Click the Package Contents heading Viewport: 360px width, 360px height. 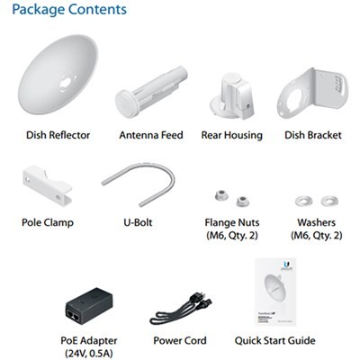[x=69, y=10]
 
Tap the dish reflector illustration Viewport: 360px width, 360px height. [x=58, y=75]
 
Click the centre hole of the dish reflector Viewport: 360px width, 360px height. [x=66, y=82]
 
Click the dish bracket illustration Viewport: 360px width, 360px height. [x=312, y=94]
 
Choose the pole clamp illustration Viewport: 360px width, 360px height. [x=47, y=185]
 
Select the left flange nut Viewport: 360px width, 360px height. [x=221, y=195]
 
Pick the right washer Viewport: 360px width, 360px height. [x=329, y=201]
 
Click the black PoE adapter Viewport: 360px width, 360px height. [x=89, y=307]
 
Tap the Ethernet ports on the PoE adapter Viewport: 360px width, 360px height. [x=75, y=315]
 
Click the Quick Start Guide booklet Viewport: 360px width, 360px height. [x=275, y=292]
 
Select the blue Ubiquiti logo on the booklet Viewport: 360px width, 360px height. [x=285, y=265]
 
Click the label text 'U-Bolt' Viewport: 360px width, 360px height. [x=138, y=222]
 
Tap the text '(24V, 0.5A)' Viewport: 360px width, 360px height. [x=89, y=354]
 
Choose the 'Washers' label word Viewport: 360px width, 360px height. [x=316, y=222]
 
